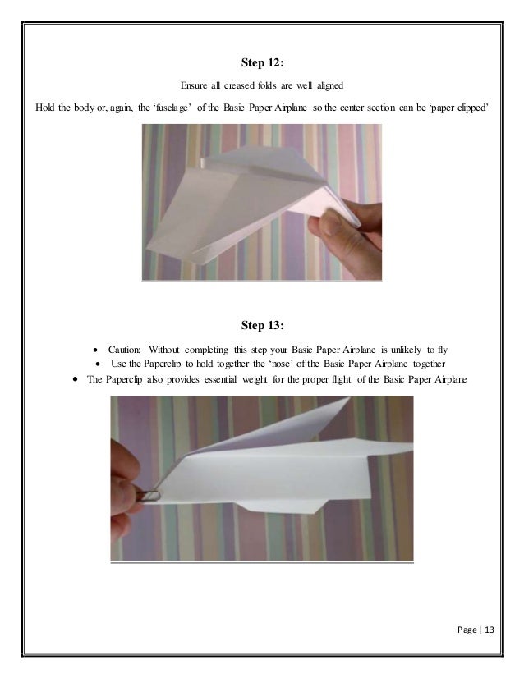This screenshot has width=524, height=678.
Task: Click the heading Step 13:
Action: tap(262, 325)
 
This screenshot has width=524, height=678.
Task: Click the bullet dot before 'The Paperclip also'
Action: tap(75, 380)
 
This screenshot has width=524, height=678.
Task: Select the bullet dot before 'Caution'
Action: tap(98, 350)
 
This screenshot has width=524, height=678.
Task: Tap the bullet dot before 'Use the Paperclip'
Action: tap(98, 364)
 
